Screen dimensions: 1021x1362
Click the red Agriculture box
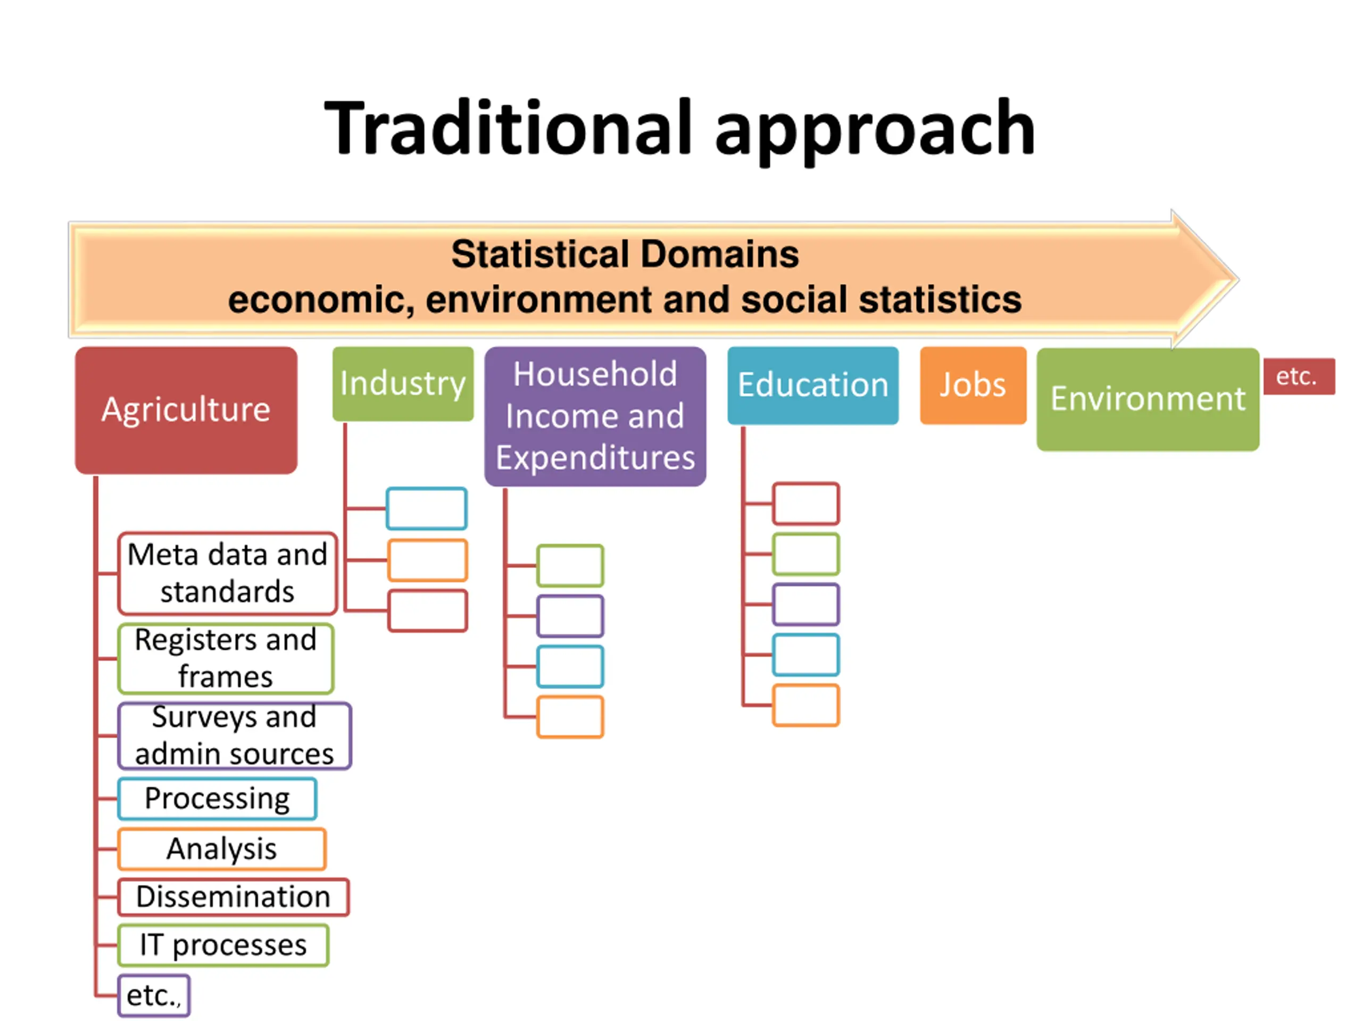coord(186,410)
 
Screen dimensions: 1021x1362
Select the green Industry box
coord(403,383)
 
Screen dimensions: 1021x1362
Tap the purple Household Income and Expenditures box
coord(595,416)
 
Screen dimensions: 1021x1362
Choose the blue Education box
coord(813,385)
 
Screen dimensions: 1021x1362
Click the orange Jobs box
coord(973,385)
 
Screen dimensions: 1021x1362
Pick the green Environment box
coord(1148,399)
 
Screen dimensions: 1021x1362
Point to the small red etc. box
coord(1299,376)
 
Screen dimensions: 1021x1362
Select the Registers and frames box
coord(226,658)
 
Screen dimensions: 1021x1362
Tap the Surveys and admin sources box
coord(234,735)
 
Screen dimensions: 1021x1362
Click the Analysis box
coord(222,849)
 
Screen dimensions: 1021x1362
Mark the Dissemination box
coord(234,897)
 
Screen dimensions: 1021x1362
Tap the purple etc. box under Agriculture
coord(153,995)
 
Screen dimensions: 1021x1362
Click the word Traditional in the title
coord(508,128)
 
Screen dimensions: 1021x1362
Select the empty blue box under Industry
coord(426,508)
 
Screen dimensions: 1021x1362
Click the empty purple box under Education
coord(805,604)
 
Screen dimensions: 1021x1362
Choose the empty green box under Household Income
coord(570,565)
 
